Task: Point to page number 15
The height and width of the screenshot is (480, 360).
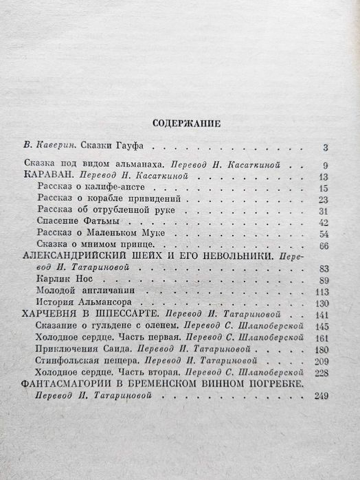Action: click(x=324, y=189)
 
